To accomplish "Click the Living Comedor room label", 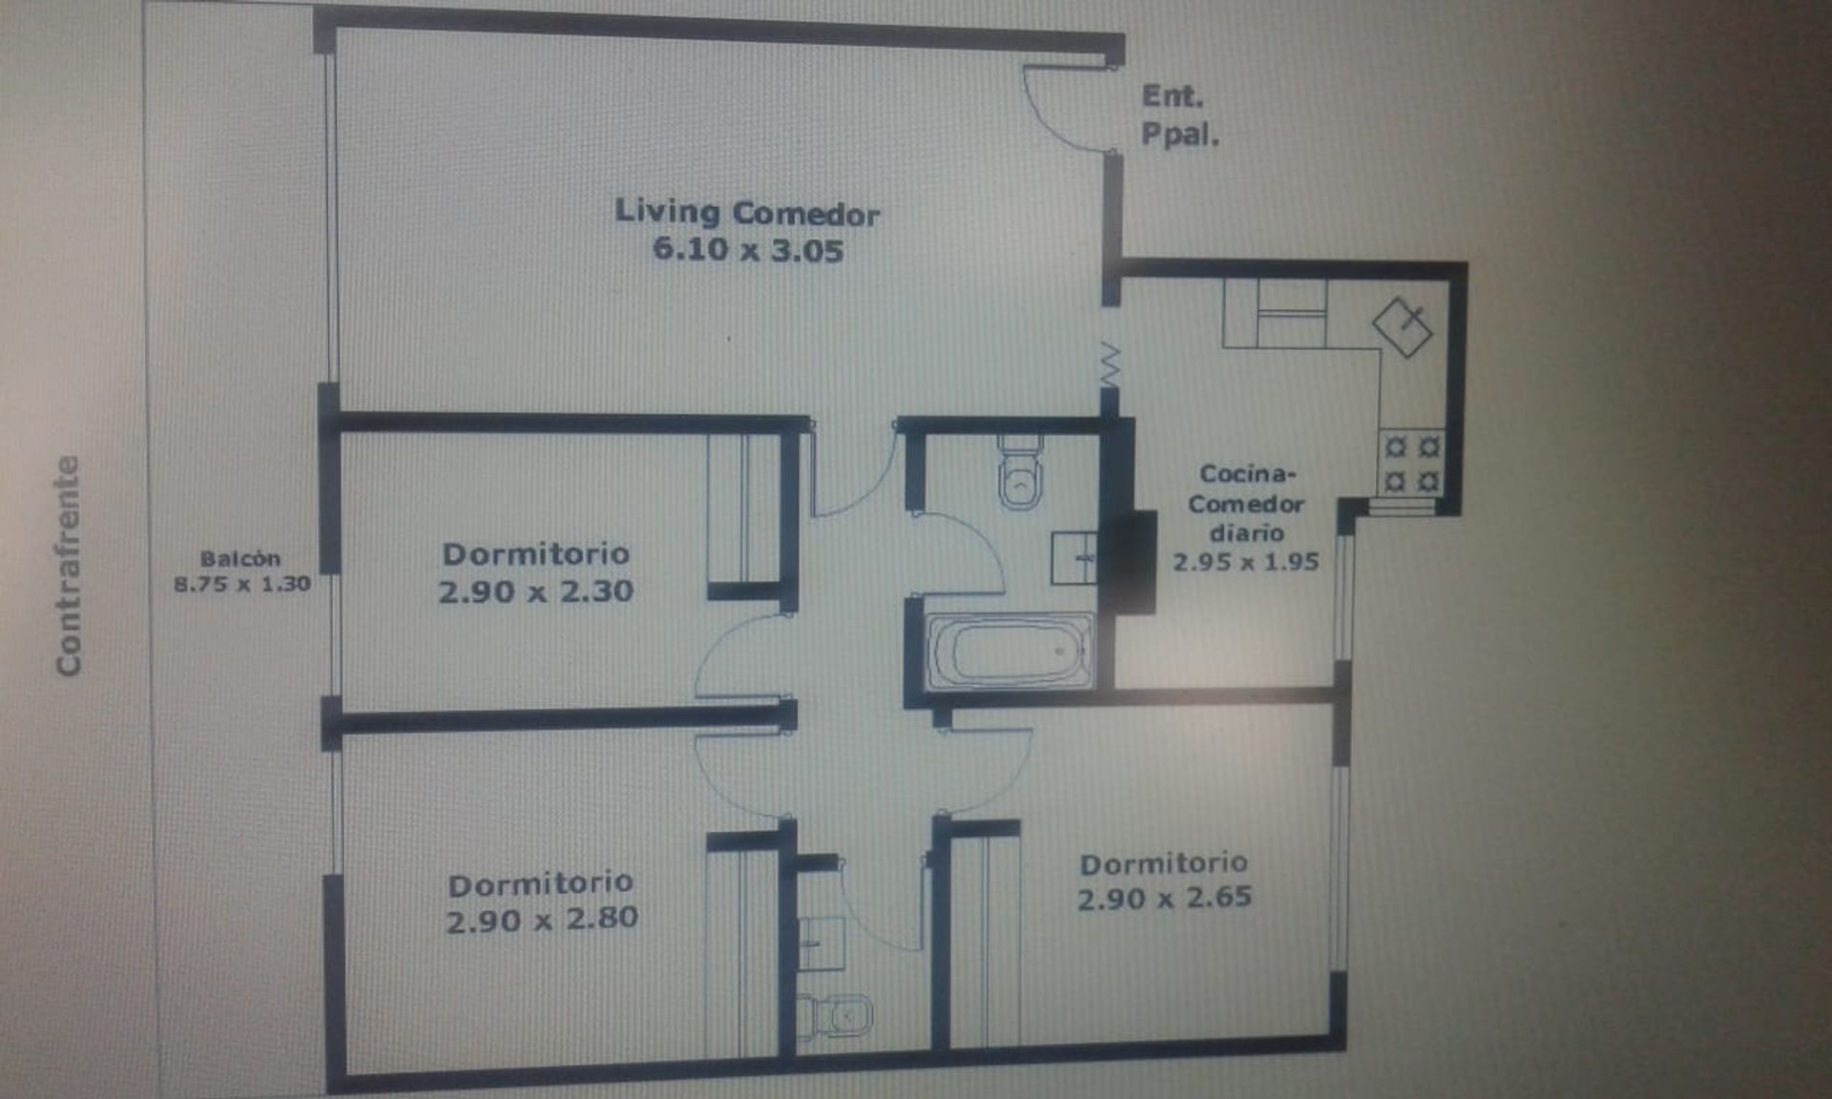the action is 747,212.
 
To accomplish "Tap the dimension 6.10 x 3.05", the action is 748,250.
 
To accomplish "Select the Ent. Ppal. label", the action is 1180,115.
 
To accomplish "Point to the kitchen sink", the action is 1403,326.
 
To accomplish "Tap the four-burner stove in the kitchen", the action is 1410,463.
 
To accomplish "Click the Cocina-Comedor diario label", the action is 1246,503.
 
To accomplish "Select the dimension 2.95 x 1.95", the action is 1246,562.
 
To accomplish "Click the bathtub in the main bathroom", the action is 1010,651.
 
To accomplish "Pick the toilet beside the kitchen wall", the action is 1021,472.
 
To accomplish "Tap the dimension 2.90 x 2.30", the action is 536,591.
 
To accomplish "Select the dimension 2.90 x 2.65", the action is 1164,898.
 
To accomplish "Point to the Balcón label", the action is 240,559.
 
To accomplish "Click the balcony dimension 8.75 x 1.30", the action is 242,584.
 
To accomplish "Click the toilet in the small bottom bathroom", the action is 836,1017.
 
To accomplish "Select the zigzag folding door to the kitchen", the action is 1110,365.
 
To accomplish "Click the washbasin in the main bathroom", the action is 1074,558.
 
